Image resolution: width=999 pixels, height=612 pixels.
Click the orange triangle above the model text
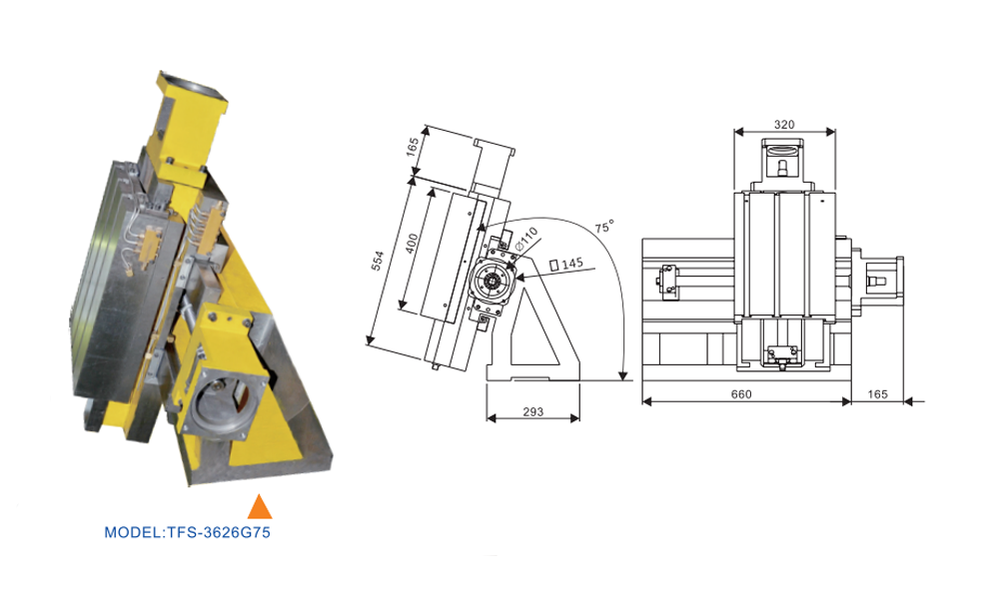260,507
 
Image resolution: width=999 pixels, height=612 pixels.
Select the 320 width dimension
784,125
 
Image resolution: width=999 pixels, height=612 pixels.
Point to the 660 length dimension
741,394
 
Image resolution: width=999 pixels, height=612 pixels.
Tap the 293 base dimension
532,411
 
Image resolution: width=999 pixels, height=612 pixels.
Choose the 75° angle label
604,227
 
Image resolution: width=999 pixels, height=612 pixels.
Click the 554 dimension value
378,261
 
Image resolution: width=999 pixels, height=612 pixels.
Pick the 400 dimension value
413,244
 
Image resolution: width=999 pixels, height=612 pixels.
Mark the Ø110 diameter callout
526,238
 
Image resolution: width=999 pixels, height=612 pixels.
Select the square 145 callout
566,263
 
